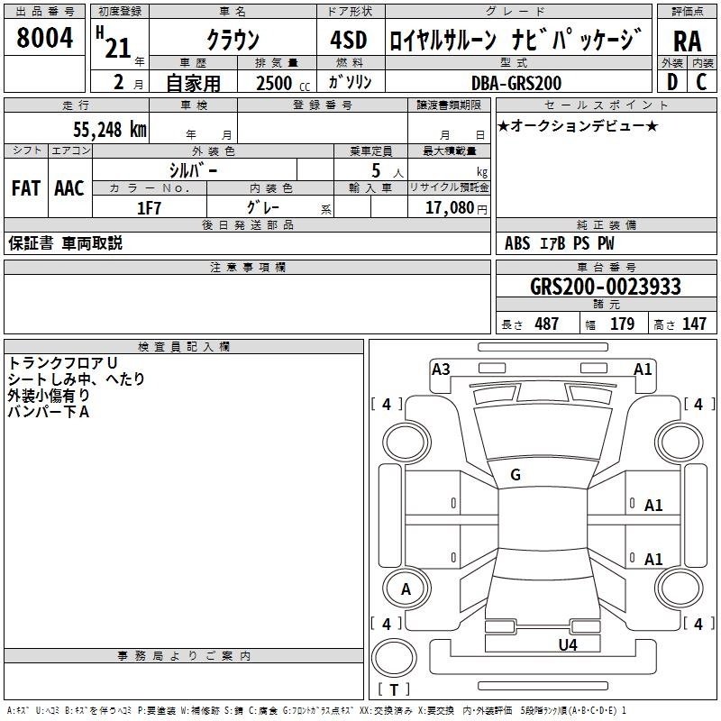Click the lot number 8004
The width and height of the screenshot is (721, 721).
click(x=44, y=38)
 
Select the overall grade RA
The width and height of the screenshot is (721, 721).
click(x=688, y=41)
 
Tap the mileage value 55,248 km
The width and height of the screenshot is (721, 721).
click(x=110, y=130)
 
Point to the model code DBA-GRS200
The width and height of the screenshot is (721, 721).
click(x=516, y=83)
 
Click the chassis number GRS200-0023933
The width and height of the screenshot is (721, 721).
click(x=605, y=287)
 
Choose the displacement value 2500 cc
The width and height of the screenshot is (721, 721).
click(x=283, y=83)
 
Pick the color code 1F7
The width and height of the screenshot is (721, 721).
click(x=149, y=208)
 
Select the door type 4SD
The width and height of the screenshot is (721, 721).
click(x=349, y=40)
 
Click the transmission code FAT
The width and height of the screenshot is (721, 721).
click(x=26, y=188)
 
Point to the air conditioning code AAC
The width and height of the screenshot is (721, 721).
click(x=69, y=188)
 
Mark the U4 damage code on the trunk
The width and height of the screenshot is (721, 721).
click(x=568, y=644)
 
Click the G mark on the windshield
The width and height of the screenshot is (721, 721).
click(x=516, y=475)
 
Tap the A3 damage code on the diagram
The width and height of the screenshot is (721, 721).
click(x=441, y=370)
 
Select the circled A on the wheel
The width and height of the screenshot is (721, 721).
click(x=406, y=589)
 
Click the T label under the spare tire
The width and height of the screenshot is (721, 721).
click(x=394, y=689)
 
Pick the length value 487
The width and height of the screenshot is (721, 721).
click(x=547, y=324)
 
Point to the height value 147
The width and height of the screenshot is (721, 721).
click(x=694, y=324)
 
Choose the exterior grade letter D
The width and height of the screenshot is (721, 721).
click(x=672, y=82)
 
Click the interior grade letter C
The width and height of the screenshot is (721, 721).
click(x=701, y=82)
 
